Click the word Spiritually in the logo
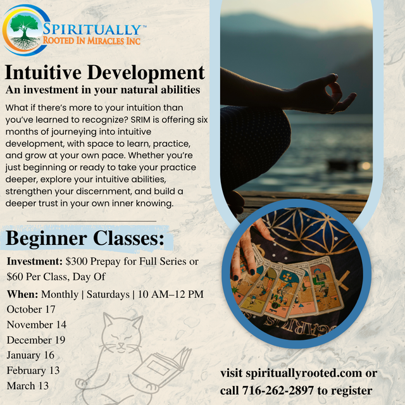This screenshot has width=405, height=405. (92, 29)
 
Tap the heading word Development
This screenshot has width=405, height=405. (146, 73)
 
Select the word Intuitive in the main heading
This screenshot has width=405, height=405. (43, 72)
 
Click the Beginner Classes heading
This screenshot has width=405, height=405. (85, 238)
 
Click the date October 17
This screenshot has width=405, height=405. (31, 309)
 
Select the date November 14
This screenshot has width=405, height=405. (37, 325)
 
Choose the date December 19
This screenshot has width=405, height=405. (36, 340)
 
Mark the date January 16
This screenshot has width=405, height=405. (30, 355)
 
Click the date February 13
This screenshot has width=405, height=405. (33, 370)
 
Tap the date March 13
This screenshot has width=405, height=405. (28, 385)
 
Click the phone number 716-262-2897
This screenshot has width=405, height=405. (278, 390)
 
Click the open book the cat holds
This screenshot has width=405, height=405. (162, 367)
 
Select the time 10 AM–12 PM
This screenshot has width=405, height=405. (171, 294)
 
